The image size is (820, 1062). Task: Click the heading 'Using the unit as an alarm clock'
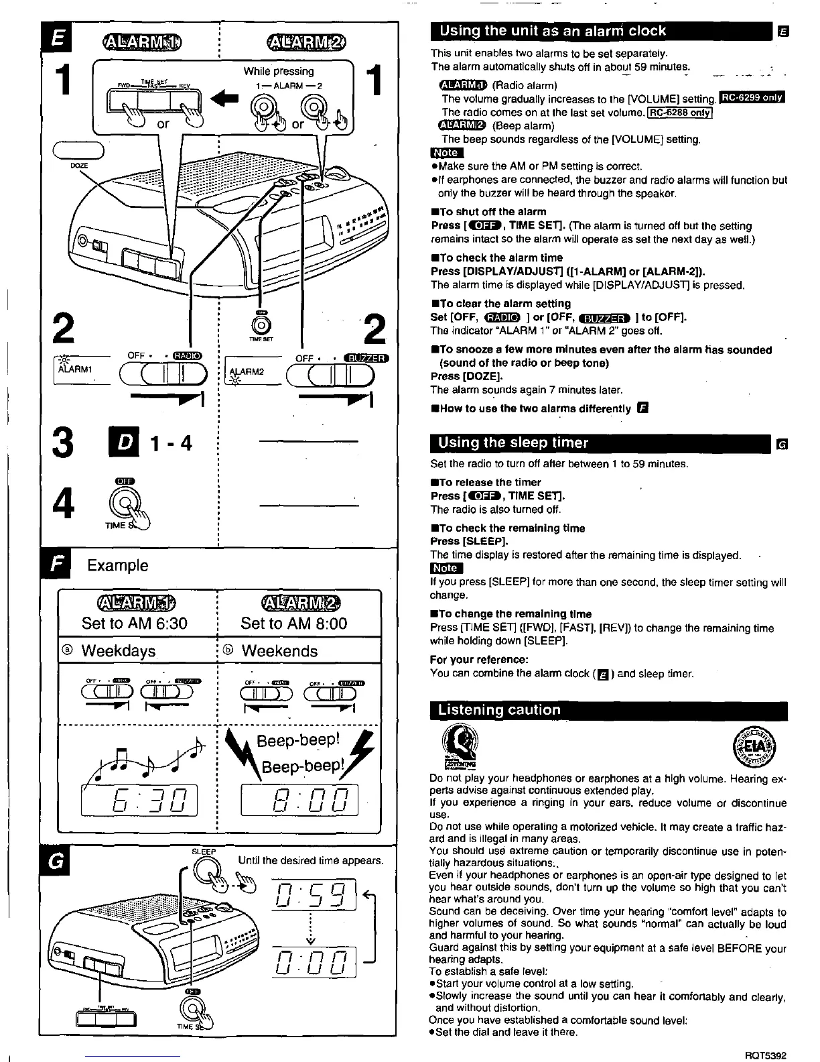[x=552, y=31]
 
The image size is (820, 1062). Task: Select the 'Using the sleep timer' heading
[x=512, y=442]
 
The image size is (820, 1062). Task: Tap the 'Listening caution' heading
[x=498, y=710]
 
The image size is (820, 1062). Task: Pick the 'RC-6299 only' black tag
[x=751, y=99]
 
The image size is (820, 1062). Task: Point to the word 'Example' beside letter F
[x=118, y=565]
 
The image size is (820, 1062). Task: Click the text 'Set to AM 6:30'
[x=134, y=624]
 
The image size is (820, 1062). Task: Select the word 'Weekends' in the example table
[x=279, y=651]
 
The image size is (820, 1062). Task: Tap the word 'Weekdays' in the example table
[x=119, y=651]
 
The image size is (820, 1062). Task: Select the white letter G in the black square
[x=57, y=861]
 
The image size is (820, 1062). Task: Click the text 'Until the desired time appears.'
[x=311, y=860]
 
